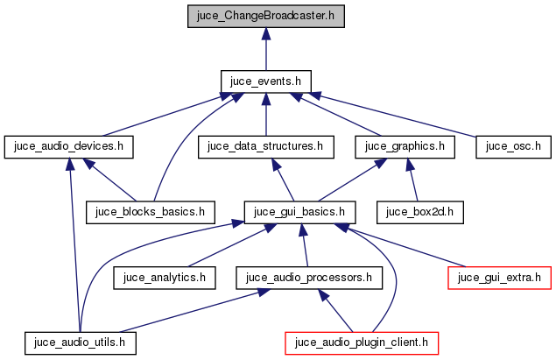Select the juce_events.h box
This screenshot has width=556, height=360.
265,81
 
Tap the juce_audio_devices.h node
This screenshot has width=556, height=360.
68,146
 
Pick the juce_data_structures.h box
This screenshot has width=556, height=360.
266,146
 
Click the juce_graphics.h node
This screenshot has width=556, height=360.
405,146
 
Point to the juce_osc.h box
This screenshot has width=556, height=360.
513,146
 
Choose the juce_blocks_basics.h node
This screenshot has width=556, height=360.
150,211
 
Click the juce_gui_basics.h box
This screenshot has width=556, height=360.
299,211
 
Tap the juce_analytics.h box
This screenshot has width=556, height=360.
164,277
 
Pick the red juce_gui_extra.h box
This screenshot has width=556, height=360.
499,277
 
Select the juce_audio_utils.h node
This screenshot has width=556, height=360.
81,342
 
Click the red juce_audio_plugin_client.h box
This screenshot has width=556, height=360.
361,342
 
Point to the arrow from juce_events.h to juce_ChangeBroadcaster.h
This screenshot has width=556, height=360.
265,48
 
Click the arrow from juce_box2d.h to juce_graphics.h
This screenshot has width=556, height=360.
412,180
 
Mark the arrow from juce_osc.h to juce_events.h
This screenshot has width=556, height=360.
394,114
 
